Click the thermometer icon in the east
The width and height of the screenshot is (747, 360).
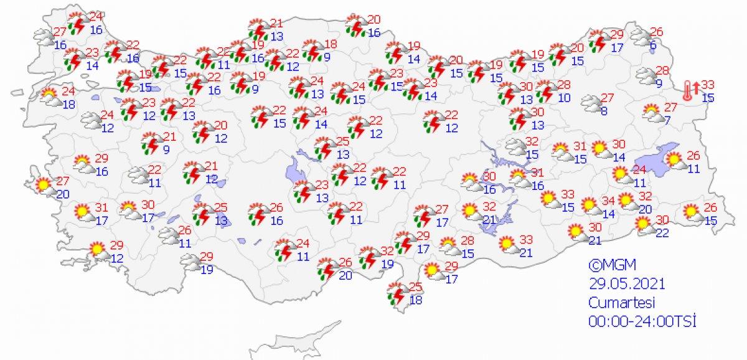tap(687, 90)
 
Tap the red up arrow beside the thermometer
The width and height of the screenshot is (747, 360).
tap(695, 87)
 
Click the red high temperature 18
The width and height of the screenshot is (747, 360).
tap(331, 44)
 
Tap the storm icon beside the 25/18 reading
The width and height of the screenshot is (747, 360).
tap(396, 293)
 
